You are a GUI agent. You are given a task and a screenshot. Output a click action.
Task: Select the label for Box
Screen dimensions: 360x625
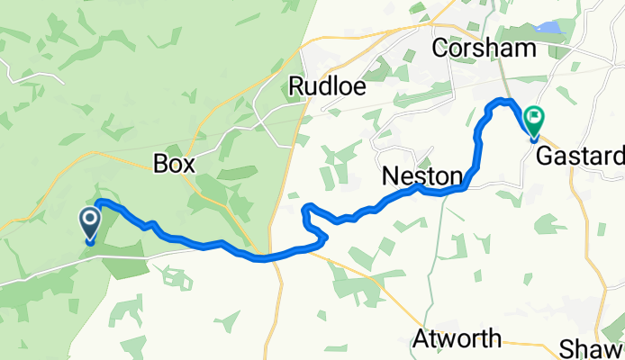(175, 164)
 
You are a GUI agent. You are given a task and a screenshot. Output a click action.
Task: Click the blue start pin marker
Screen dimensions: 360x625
(91, 222)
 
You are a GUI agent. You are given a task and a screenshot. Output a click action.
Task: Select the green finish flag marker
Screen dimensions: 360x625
(535, 118)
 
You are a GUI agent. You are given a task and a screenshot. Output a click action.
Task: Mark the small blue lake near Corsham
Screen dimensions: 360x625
(551, 28)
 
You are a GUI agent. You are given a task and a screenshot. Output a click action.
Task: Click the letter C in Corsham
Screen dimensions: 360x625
(440, 47)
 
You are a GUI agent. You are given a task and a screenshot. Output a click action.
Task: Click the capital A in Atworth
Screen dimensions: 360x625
(421, 340)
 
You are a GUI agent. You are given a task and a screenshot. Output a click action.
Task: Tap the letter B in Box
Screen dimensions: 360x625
(160, 164)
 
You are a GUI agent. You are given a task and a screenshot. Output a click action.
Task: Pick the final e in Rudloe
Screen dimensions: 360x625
(354, 86)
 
